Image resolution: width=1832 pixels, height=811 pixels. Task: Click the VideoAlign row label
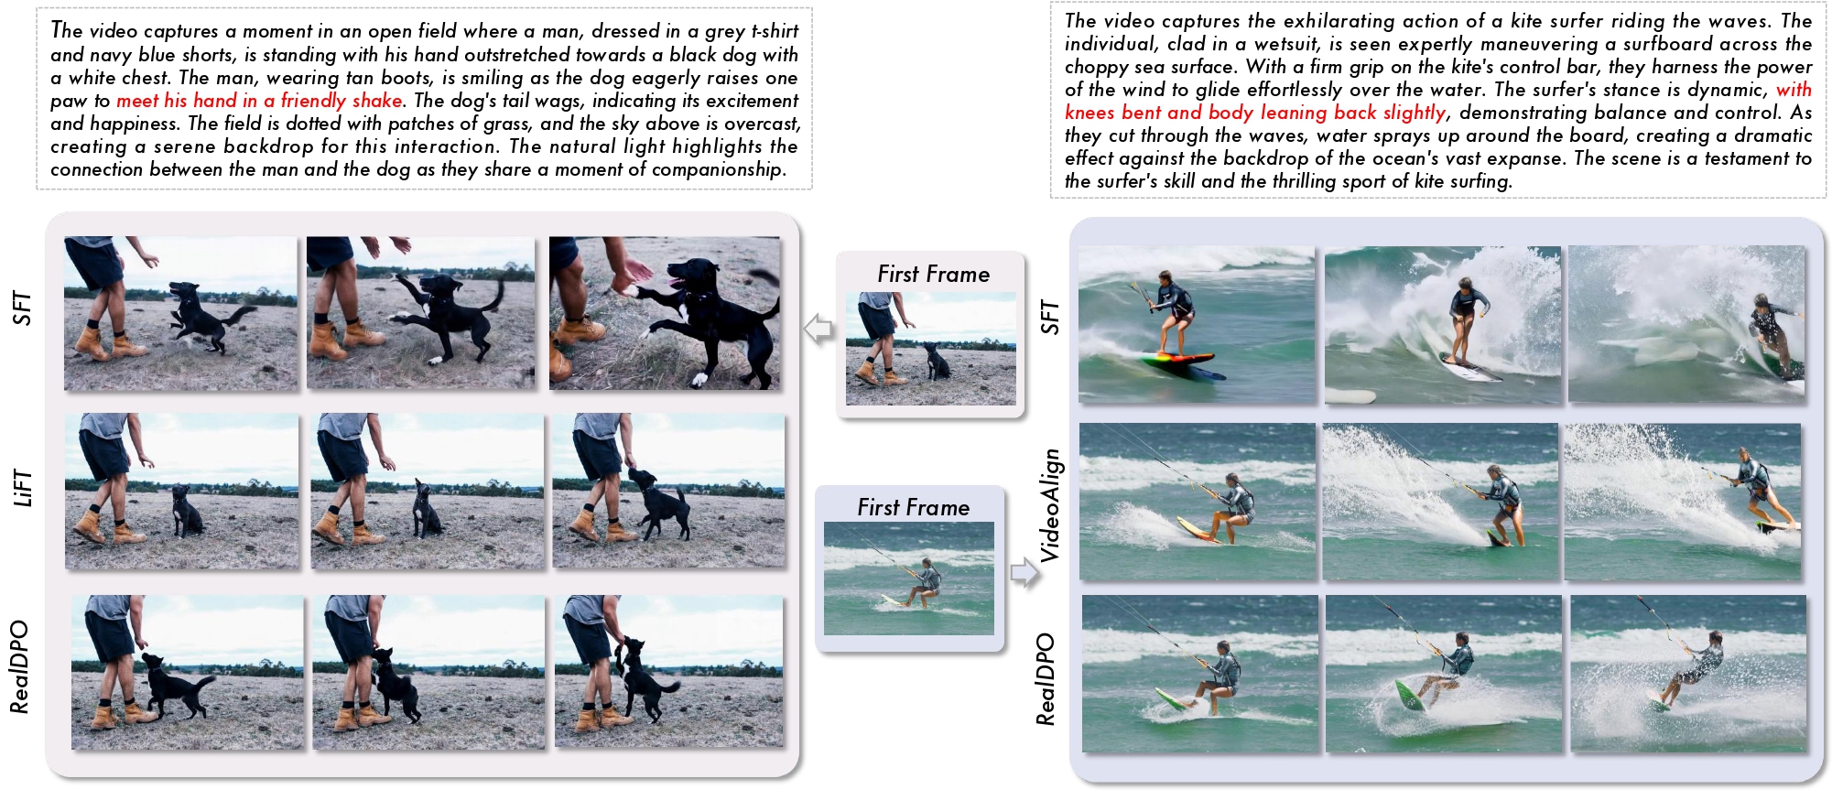tap(1049, 504)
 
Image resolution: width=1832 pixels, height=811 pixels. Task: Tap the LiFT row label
tap(22, 487)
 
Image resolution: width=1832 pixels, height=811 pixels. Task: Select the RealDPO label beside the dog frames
tap(19, 666)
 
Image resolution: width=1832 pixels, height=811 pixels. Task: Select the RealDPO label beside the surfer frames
tap(1046, 679)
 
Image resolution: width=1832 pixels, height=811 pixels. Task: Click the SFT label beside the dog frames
tap(22, 308)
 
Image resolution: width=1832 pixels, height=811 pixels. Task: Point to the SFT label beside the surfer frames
tap(1049, 317)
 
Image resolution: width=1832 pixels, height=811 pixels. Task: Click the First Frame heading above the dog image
tap(933, 274)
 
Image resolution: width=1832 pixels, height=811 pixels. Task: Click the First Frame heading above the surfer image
tap(913, 507)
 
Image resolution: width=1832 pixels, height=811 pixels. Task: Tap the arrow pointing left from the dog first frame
tap(818, 328)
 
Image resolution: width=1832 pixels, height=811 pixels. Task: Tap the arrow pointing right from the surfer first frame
tap(1025, 573)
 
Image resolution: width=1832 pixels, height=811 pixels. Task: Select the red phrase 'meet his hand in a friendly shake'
tap(259, 101)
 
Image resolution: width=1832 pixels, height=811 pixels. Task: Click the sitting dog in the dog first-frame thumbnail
tap(938, 362)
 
